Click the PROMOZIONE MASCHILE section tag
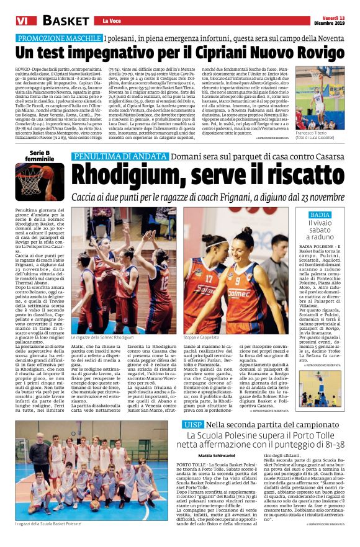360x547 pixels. click(x=58, y=38)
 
